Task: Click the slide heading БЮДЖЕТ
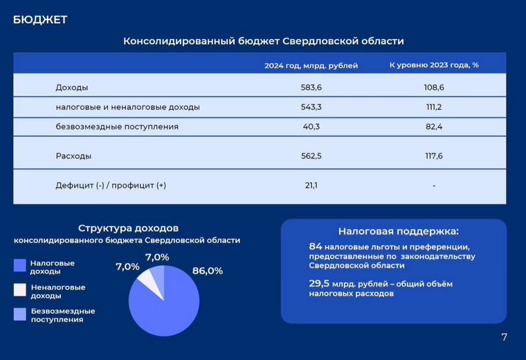pyautogui.click(x=40, y=20)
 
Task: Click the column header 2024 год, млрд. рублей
pyautogui.click(x=311, y=66)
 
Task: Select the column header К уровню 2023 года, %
pyautogui.click(x=434, y=65)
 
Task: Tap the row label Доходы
pyautogui.click(x=72, y=87)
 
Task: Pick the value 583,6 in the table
pyautogui.click(x=311, y=87)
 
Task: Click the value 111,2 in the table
pyautogui.click(x=434, y=107)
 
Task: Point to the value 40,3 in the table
pyautogui.click(x=311, y=127)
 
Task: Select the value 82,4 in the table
pyautogui.click(x=434, y=127)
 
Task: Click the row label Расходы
pyautogui.click(x=73, y=156)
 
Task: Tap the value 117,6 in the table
pyautogui.click(x=434, y=156)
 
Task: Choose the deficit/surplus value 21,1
pyautogui.click(x=311, y=186)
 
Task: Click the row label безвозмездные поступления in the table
pyautogui.click(x=117, y=127)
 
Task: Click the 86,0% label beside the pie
pyautogui.click(x=208, y=271)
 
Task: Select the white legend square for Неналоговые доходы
pyautogui.click(x=20, y=290)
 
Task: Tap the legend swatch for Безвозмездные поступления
pyautogui.click(x=20, y=314)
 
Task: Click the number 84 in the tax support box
pyautogui.click(x=316, y=246)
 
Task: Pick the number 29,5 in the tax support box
pyautogui.click(x=319, y=284)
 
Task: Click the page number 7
pyautogui.click(x=504, y=337)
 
